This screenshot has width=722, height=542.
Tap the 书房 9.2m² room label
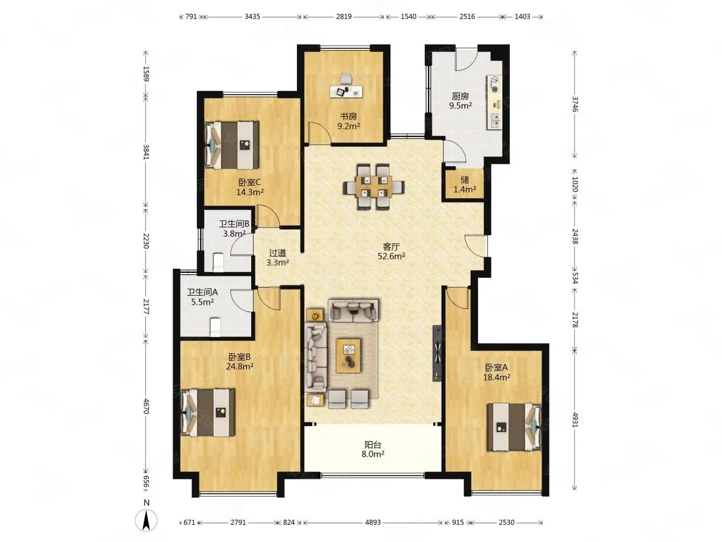[x=348, y=121]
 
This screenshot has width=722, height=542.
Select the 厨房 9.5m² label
[x=460, y=101]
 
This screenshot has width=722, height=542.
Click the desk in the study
[x=346, y=91]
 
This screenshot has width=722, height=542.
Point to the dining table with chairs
[x=373, y=186]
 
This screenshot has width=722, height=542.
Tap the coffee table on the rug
[x=348, y=355]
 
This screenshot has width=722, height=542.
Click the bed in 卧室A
[x=514, y=426]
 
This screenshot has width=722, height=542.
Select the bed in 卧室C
[x=231, y=145]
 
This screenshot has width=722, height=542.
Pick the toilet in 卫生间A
[x=215, y=326]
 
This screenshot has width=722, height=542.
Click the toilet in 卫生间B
[x=219, y=262]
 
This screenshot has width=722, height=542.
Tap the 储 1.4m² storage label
[x=464, y=184]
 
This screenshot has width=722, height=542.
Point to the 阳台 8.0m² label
[x=373, y=449]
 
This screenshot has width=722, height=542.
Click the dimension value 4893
[x=373, y=522]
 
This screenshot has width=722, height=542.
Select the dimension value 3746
[x=575, y=104]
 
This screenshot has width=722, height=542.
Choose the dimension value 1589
[x=146, y=74]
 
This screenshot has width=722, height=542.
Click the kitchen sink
[x=495, y=121]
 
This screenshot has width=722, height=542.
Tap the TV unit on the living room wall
[x=437, y=353]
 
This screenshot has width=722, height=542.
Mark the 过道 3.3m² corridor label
[x=277, y=258]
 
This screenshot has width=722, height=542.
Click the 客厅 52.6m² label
[x=391, y=251]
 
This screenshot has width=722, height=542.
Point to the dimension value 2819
[x=344, y=16]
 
